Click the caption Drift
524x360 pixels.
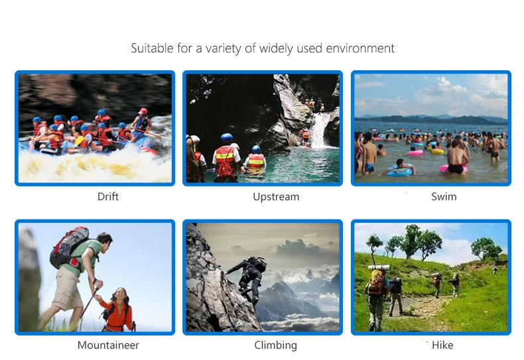click(x=108, y=196)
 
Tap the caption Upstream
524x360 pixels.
click(x=276, y=197)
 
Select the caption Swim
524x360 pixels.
click(x=444, y=196)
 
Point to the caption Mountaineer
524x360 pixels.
click(x=108, y=345)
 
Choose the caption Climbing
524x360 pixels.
click(x=276, y=345)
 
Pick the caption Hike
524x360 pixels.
click(x=442, y=345)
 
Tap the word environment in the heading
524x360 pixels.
click(x=360, y=48)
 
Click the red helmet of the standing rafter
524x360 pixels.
click(x=143, y=111)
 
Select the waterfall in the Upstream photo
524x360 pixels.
click(x=319, y=130)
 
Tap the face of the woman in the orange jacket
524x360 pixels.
click(x=120, y=295)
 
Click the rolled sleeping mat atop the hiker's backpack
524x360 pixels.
click(x=379, y=267)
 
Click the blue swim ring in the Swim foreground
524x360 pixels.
click(x=399, y=172)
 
